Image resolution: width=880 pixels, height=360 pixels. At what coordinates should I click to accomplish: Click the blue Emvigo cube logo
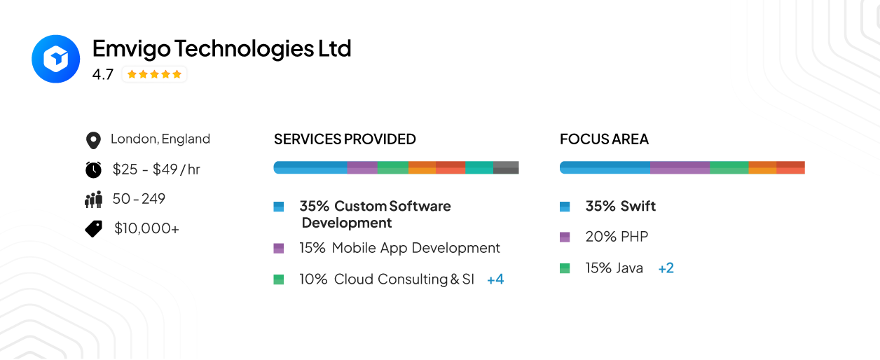pos(56,59)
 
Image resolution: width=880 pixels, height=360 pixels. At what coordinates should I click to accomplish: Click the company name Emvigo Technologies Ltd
pos(221,48)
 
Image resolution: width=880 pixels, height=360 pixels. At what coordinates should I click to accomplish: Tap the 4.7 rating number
pos(102,74)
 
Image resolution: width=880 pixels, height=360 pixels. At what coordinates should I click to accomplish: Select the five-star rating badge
pos(154,74)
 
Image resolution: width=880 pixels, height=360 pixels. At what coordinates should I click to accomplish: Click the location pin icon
pos(92,140)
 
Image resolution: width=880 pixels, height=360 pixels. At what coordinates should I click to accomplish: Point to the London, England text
pos(160,139)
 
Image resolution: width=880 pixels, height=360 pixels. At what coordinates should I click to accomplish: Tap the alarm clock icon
pos(93,169)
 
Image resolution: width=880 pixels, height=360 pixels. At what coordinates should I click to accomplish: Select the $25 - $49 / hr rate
pos(156,169)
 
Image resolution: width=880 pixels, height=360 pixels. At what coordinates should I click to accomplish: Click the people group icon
pos(93,200)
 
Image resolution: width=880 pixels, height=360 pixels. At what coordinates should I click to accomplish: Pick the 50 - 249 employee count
pos(139,199)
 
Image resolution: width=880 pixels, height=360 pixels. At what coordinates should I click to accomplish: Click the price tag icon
pos(93,228)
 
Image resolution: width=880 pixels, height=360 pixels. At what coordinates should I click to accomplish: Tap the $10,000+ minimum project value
pos(146,228)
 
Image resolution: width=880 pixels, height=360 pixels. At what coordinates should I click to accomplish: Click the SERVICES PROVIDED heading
pos(345,139)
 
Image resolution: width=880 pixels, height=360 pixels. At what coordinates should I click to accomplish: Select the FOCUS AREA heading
pos(604,139)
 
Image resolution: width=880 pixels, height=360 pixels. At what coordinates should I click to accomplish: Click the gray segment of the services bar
pos(506,167)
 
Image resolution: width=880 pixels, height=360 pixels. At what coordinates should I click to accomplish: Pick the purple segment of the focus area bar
pos(680,167)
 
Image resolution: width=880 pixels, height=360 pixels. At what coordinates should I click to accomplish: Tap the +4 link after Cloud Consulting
pos(495,279)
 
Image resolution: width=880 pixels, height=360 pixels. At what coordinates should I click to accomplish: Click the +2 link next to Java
pos(666,268)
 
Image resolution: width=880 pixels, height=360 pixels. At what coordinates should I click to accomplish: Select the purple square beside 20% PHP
pos(565,237)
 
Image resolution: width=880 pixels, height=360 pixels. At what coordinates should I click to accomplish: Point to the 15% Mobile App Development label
pos(399,248)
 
